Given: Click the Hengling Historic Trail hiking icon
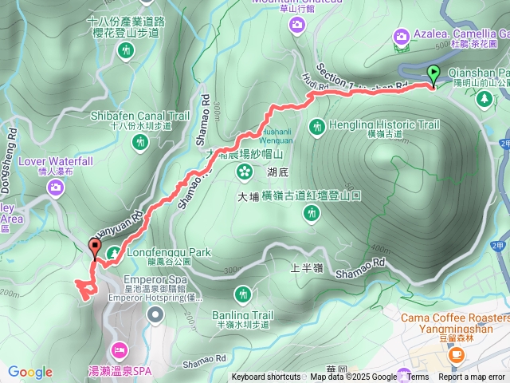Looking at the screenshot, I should coord(317,125).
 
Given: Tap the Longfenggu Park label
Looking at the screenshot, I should coord(168,253).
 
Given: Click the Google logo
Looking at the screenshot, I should coord(29,372).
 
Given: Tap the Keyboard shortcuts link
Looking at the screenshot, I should coord(266,377).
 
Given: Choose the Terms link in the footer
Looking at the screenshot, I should coord(418,377).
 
